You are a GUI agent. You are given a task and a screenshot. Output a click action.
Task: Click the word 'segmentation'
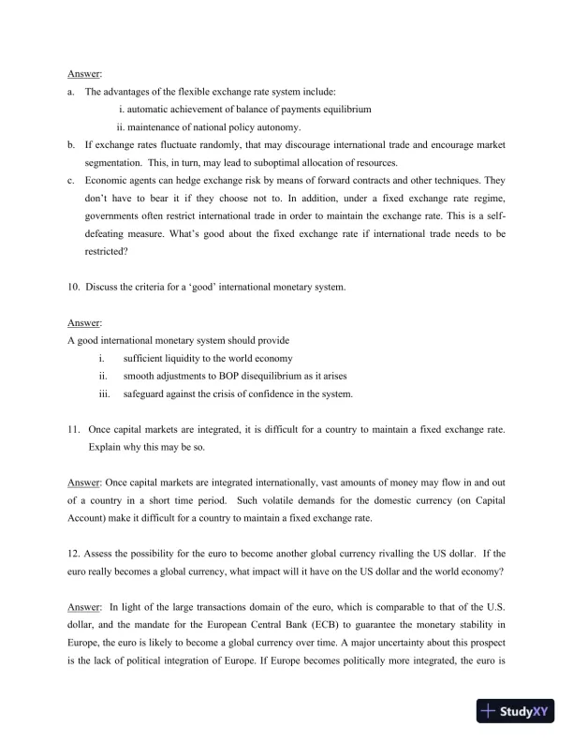pos(114,163)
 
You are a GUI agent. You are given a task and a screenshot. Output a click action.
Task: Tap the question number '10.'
pos(74,288)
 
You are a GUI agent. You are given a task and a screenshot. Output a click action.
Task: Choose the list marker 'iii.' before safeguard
pos(104,394)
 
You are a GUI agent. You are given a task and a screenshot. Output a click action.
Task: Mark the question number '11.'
pos(74,430)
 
